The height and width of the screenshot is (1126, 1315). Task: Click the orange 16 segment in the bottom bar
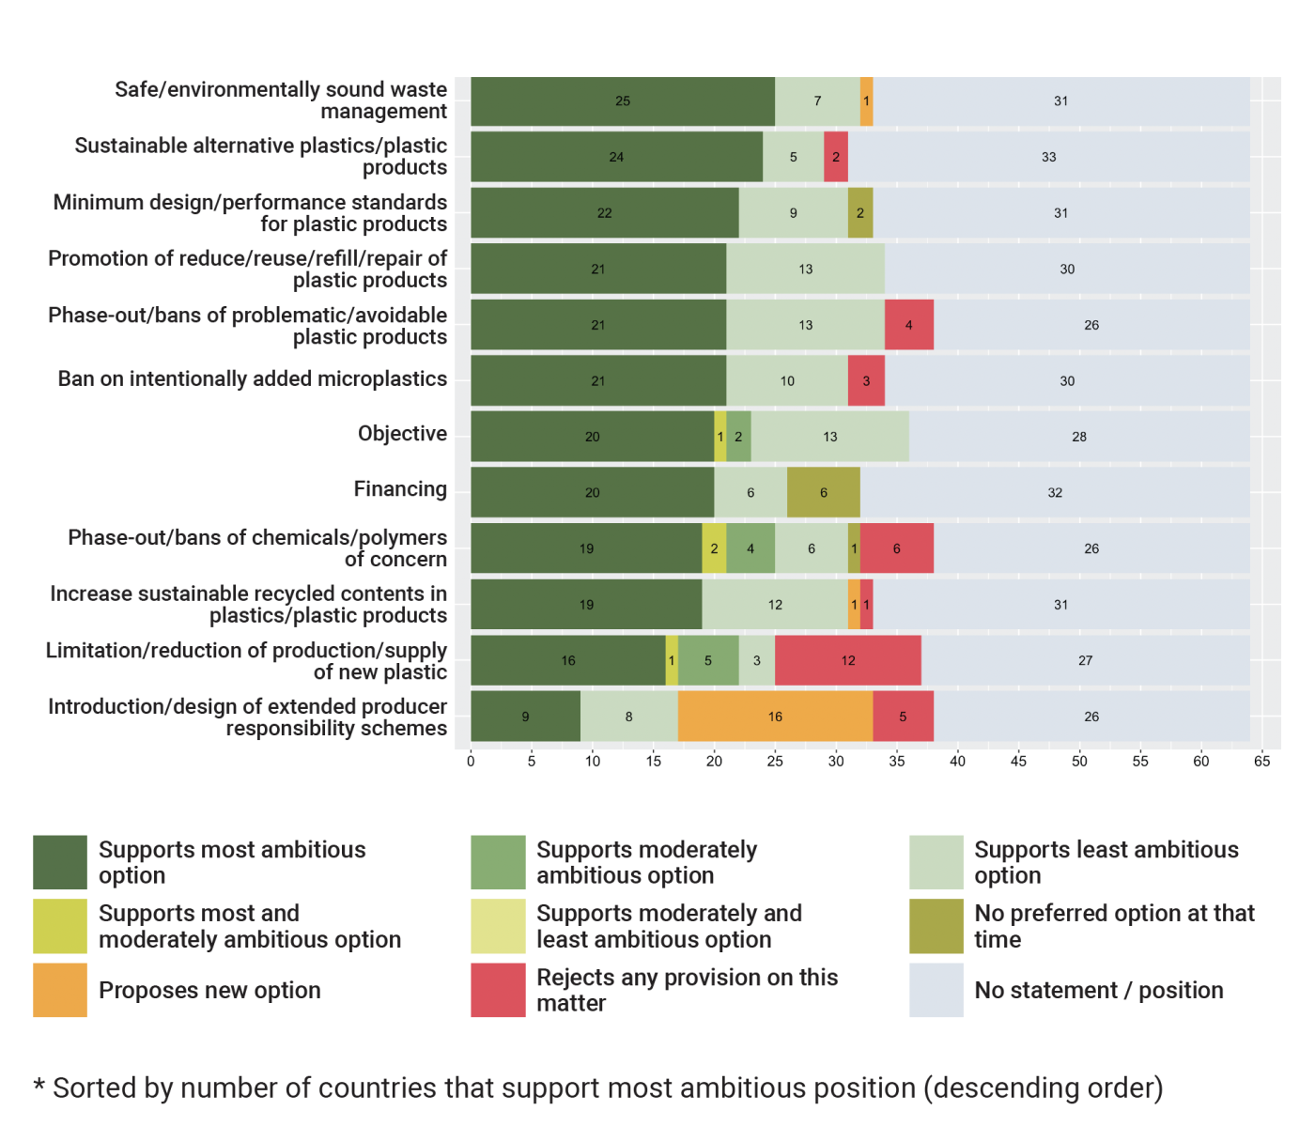pos(775,717)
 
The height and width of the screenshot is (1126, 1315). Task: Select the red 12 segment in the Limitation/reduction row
pos(848,660)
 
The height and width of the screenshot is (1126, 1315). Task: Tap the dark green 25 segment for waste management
pos(623,101)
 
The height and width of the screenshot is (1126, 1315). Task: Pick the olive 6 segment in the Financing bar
pos(824,492)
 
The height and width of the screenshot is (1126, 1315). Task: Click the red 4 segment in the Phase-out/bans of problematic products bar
pos(908,325)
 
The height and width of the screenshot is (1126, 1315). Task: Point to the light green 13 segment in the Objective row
pos(829,437)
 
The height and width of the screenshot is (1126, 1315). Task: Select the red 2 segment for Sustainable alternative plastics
pos(836,157)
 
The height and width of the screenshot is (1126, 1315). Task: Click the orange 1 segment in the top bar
pos(866,101)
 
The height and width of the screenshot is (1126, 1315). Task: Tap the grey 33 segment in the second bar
pos(1048,157)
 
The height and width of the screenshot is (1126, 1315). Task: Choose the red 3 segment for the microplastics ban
pos(866,380)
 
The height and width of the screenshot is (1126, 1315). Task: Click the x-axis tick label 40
pos(957,762)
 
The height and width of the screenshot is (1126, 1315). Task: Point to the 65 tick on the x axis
pos(1261,762)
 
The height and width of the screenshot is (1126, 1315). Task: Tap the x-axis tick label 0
pos(471,762)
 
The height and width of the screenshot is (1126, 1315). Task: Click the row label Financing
pos(400,489)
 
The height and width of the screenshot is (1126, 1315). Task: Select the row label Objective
pos(402,434)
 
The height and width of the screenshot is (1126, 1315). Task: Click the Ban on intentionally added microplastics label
pos(253,378)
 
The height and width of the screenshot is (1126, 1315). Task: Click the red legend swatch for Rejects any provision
pos(498,990)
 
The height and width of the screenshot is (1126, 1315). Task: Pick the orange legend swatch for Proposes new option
pos(60,990)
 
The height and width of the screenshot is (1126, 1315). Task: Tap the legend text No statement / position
pos(1098,990)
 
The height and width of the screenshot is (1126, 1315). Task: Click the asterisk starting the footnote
pos(39,1087)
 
